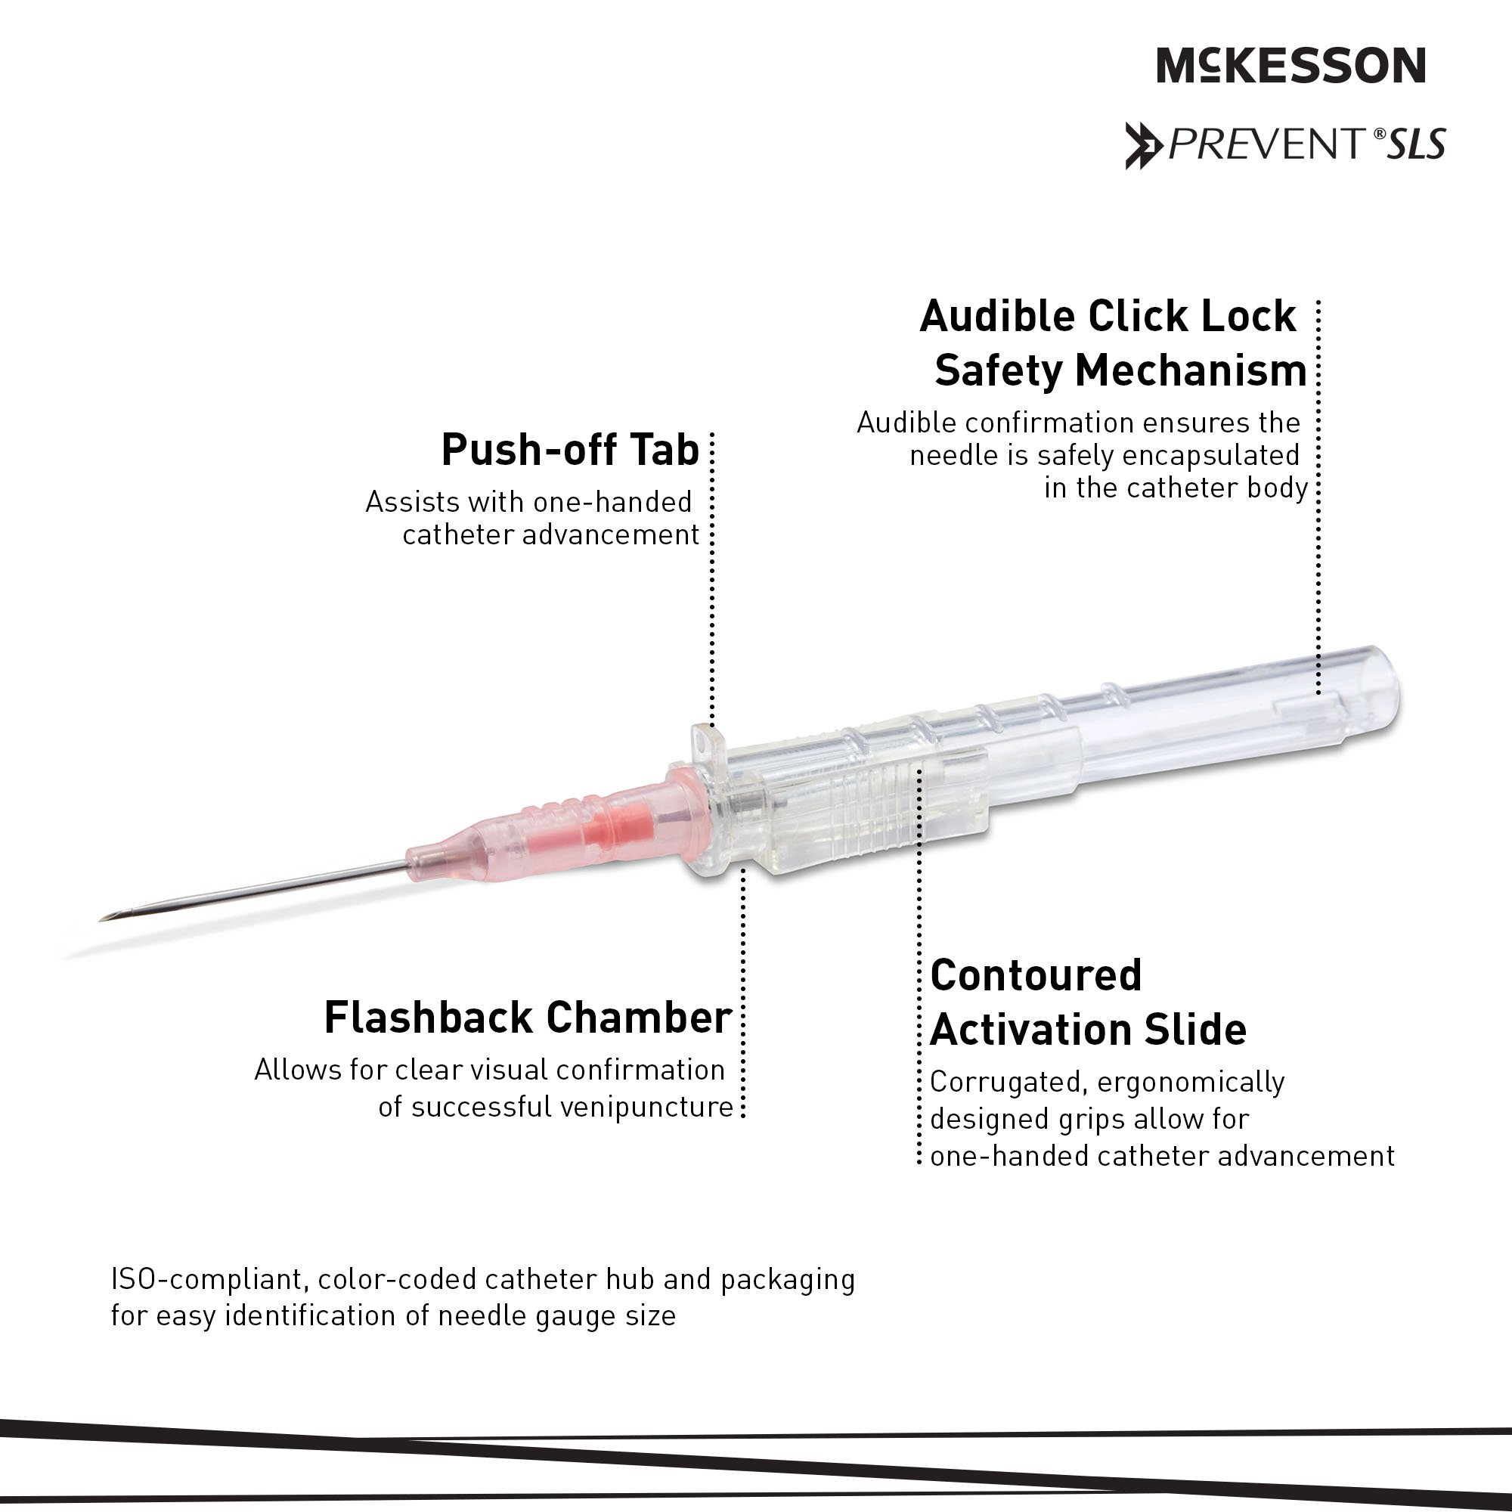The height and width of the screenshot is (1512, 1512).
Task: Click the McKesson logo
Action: coord(1290,65)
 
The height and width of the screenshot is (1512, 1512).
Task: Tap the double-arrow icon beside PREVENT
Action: coord(1143,146)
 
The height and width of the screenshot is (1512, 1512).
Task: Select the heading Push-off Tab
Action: coord(570,450)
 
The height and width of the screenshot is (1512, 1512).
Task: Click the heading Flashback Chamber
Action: coord(528,1018)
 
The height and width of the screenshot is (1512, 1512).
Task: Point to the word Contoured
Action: coord(1036,975)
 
